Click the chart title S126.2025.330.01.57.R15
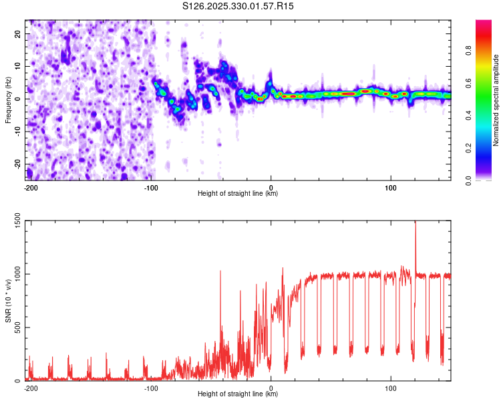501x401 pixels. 238,6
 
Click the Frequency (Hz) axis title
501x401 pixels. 8,100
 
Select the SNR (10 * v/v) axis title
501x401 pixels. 8,300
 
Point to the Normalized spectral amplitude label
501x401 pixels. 496,100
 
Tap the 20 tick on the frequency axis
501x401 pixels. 19,33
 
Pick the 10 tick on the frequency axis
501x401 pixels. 19,66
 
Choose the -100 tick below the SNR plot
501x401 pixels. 151,388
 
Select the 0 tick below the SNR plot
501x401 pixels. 271,388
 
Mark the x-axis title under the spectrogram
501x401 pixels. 238,194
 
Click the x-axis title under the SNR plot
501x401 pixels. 238,394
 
